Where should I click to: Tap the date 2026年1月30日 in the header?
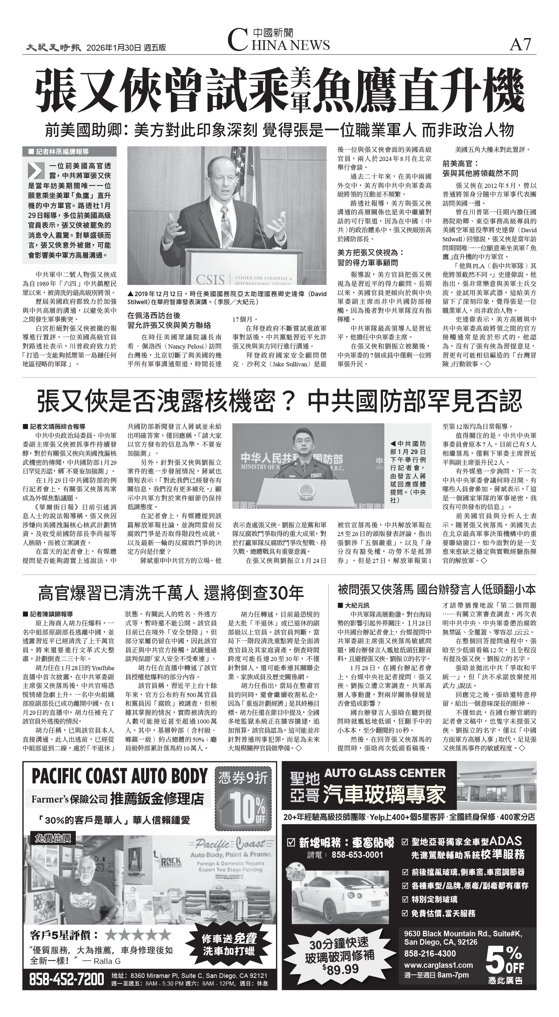[114, 48]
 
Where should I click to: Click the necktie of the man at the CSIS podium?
[227, 229]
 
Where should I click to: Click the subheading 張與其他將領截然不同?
[480, 173]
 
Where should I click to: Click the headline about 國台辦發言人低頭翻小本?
[436, 590]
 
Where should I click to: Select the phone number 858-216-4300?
[430, 953]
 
